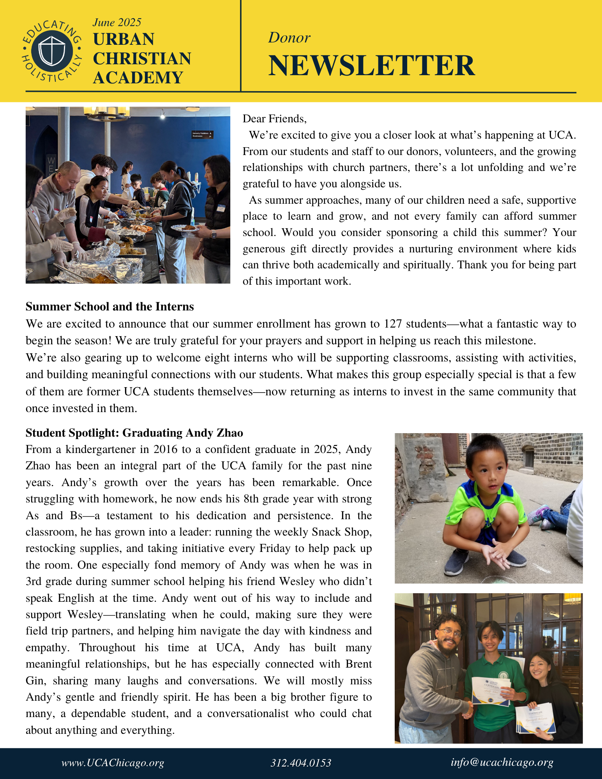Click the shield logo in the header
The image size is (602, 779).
tap(52, 51)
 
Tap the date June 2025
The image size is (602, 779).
tap(117, 23)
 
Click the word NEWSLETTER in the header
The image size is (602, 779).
tap(371, 65)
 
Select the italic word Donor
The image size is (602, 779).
tap(289, 38)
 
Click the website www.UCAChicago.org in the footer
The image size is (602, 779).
tap(113, 763)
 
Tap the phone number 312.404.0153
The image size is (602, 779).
tap(301, 763)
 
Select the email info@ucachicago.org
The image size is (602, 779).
tap(502, 762)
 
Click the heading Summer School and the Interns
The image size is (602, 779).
tap(109, 307)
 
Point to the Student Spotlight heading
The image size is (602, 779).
tap(134, 433)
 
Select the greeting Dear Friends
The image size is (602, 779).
tap(274, 118)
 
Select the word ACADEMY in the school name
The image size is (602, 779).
tap(138, 78)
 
